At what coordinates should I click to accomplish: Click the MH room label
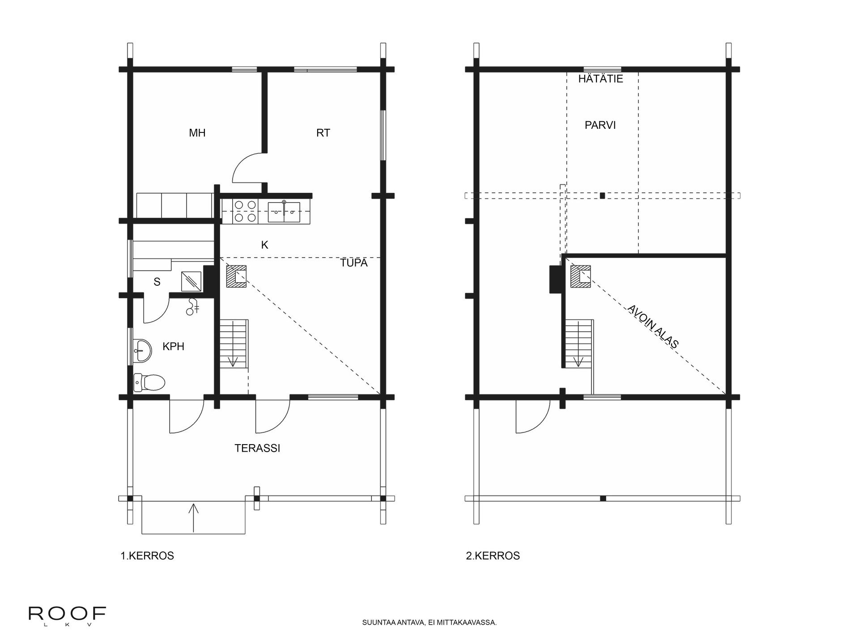click(x=197, y=133)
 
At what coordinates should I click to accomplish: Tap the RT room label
click(x=323, y=133)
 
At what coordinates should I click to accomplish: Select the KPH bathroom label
click(x=173, y=346)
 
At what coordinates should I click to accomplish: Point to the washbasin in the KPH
click(x=143, y=350)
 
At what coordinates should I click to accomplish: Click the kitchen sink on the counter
click(x=284, y=212)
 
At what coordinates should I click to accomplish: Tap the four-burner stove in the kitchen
click(x=245, y=212)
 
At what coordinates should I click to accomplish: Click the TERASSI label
click(x=257, y=448)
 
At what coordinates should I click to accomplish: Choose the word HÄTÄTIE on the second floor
click(x=600, y=79)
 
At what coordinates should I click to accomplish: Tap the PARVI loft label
click(x=600, y=125)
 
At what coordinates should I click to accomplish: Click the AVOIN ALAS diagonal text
click(x=653, y=326)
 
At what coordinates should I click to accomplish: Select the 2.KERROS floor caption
click(x=493, y=556)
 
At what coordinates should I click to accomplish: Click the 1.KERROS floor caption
click(x=147, y=556)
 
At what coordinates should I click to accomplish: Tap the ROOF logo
click(x=67, y=614)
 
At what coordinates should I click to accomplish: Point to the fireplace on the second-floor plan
click(x=580, y=276)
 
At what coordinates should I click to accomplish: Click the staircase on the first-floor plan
click(x=234, y=343)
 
